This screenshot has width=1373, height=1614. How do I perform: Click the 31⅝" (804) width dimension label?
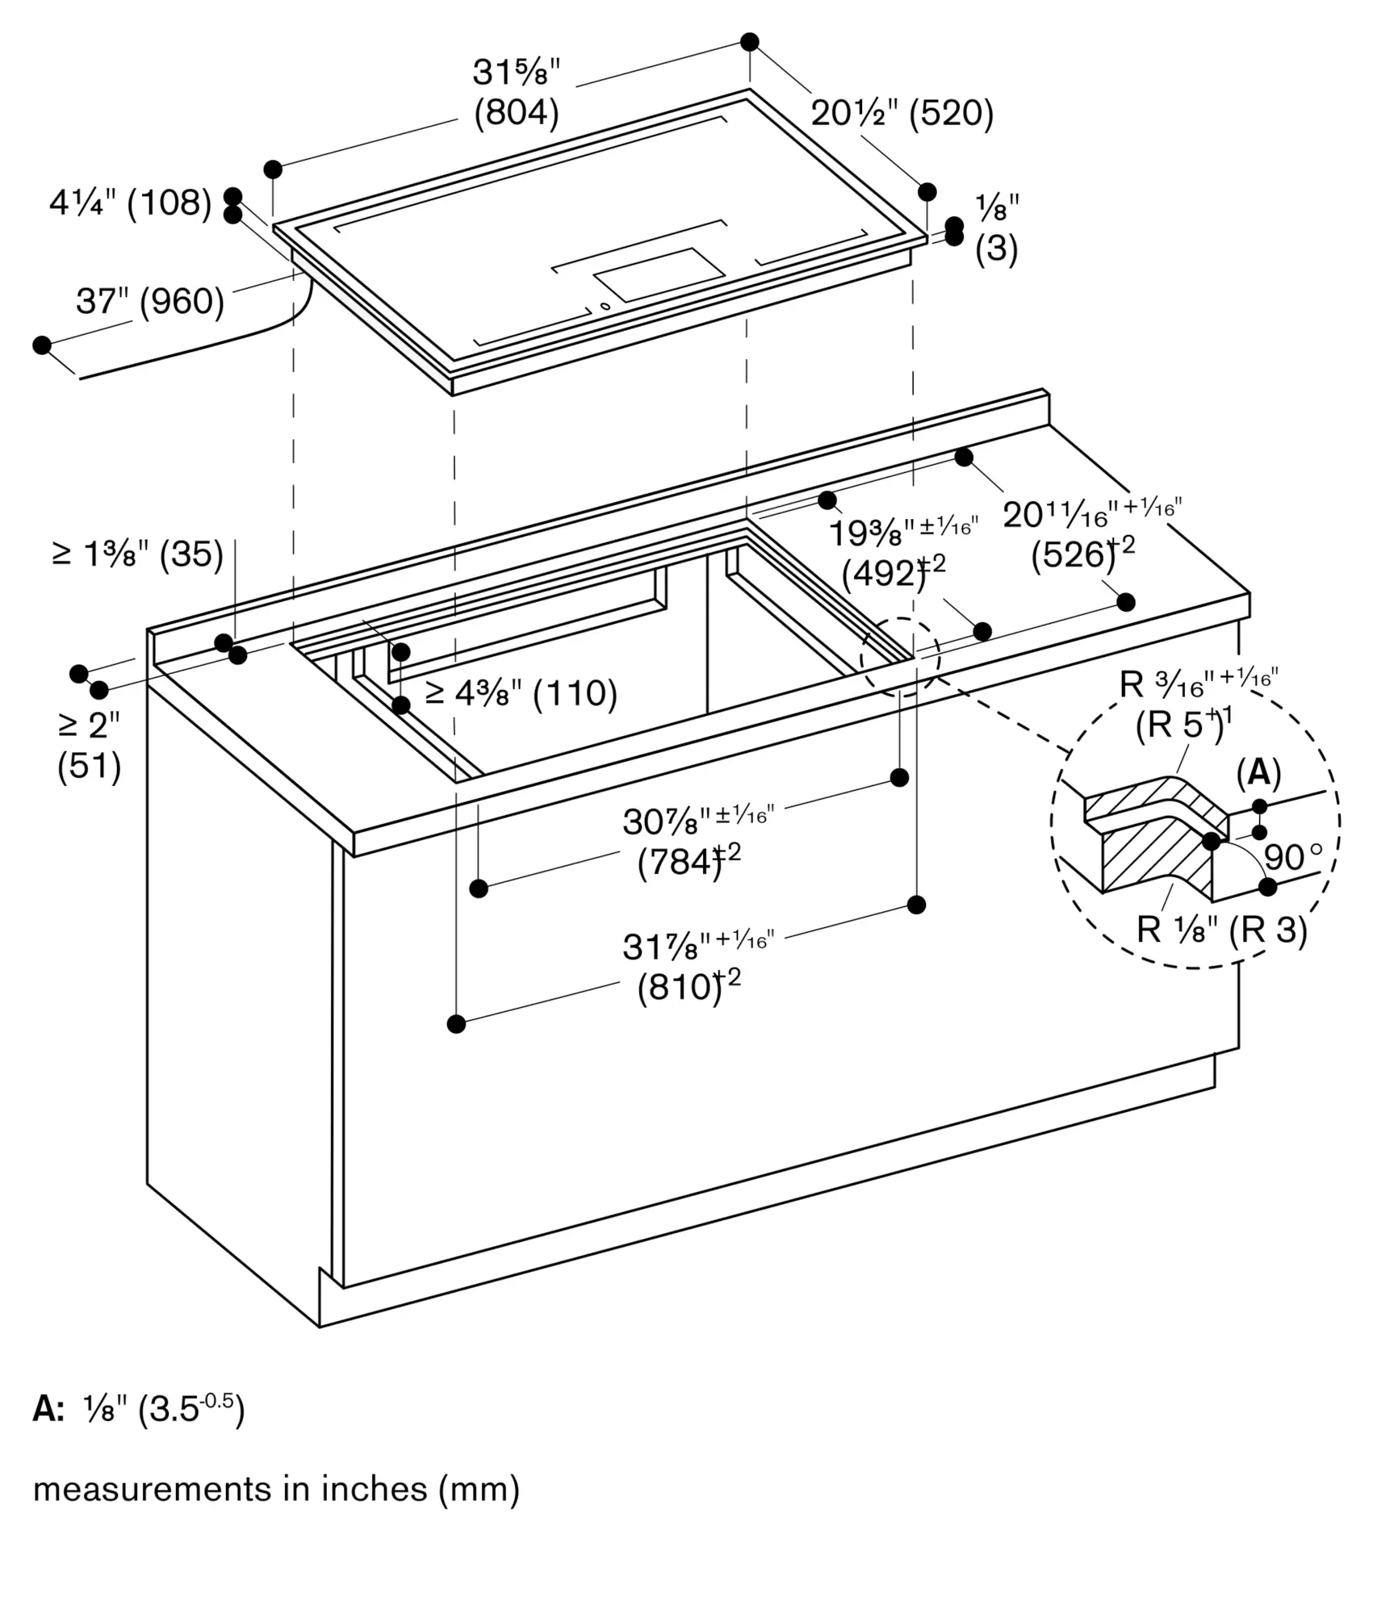(x=516, y=93)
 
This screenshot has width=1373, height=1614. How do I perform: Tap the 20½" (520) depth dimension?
(x=902, y=113)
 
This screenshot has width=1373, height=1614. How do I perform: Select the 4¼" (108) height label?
(x=130, y=203)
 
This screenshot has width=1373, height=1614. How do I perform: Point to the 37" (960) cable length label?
(x=150, y=301)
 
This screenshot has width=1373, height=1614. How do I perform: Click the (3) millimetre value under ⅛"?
(x=996, y=249)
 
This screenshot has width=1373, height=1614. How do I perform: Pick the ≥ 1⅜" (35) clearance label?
(x=137, y=554)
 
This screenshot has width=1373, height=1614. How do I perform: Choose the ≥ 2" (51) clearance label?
(x=89, y=746)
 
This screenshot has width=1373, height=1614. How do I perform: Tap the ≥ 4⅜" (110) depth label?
(x=521, y=693)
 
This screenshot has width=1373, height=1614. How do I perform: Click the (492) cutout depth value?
(x=885, y=574)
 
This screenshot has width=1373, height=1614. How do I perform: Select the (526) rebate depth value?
(x=1074, y=554)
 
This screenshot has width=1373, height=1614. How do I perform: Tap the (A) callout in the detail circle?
(x=1258, y=773)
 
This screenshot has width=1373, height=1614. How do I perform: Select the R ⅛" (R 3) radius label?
(x=1221, y=930)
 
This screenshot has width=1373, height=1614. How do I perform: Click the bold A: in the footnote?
(x=48, y=1409)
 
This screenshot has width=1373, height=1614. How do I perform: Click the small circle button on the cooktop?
(x=605, y=306)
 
